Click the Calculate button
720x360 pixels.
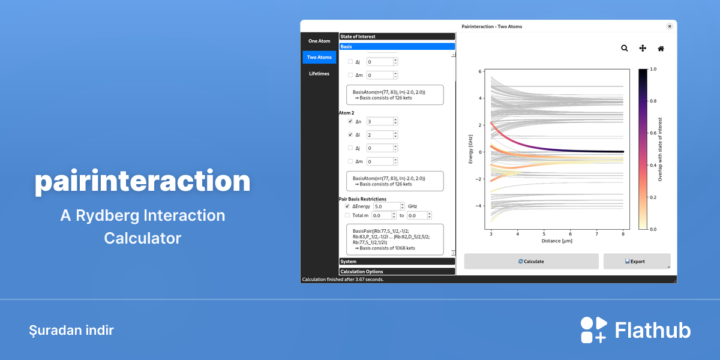531,262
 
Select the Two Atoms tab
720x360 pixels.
319,57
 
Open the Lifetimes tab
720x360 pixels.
319,74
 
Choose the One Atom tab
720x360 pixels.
319,41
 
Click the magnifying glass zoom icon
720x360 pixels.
624,48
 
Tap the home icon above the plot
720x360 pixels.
661,49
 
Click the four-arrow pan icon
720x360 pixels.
643,48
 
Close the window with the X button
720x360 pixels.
670,26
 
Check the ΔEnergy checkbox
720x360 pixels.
347,206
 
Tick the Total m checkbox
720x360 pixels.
347,215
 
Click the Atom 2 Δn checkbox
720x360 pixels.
350,121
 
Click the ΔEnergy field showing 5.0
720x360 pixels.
386,206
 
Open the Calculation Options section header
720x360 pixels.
397,272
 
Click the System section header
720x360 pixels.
397,262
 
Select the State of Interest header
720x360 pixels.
397,37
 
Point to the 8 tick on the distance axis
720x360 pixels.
623,234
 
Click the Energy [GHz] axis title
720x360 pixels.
470,149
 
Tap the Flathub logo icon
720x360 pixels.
593,330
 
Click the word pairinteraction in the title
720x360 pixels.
142,182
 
